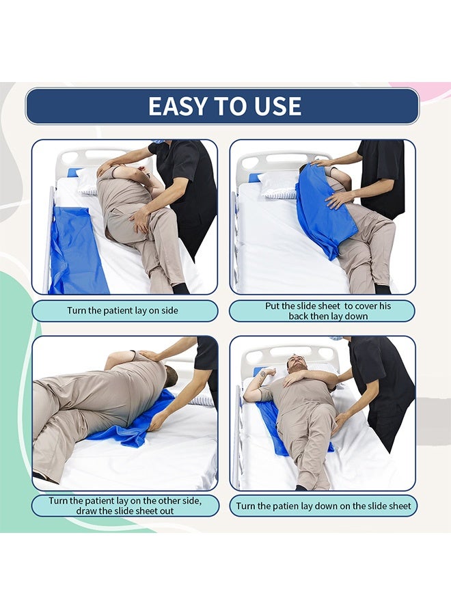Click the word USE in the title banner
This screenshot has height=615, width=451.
coord(277,107)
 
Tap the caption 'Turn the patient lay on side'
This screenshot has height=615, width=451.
coord(123,311)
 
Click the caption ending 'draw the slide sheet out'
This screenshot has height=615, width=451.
coord(124,506)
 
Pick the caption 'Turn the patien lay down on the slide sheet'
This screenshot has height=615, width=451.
coord(323,506)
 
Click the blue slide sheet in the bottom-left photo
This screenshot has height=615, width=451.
coord(133,424)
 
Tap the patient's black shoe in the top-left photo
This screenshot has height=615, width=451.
coord(180,288)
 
